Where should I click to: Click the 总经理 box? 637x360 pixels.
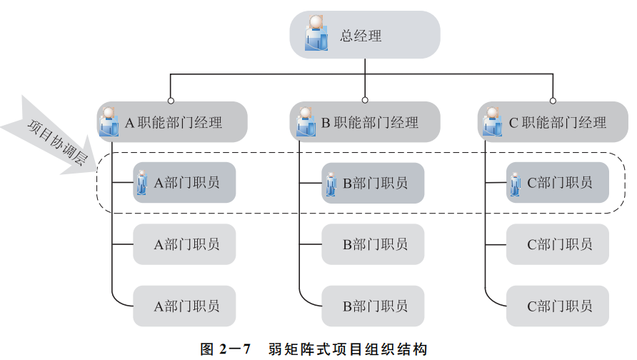(364, 35)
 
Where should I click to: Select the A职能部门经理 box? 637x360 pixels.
(172, 122)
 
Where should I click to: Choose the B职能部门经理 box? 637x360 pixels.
(365, 122)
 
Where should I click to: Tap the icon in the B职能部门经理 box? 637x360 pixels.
(306, 121)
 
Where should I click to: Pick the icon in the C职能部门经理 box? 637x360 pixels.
(492, 121)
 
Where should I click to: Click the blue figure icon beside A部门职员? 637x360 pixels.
(141, 183)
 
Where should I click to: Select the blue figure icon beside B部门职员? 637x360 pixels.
(331, 183)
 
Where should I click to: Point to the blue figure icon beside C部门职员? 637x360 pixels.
(516, 183)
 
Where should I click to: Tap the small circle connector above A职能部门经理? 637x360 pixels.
(171, 100)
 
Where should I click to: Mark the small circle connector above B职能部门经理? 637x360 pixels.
(365, 100)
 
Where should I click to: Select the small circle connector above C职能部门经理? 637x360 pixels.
(552, 100)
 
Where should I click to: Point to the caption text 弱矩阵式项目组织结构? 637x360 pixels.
(347, 349)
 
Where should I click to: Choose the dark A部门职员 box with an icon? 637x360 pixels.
(184, 183)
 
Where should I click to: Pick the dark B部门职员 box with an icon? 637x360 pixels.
(373, 183)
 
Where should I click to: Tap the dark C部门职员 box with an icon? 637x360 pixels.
(558, 183)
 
